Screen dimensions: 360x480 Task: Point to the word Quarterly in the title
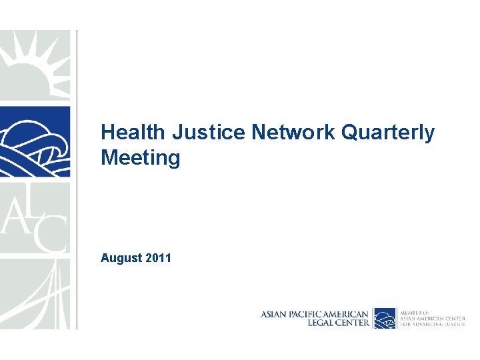tap(387, 133)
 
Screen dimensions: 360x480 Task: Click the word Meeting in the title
tap(140, 158)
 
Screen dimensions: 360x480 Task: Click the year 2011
tap(158, 257)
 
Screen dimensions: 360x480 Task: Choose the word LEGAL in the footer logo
tap(320, 323)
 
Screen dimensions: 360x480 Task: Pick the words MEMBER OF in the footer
tap(415, 311)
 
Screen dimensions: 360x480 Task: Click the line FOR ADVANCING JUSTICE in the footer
tap(432, 324)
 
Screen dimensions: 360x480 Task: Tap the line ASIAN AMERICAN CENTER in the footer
tap(432, 318)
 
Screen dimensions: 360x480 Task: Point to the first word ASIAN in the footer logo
tap(273, 313)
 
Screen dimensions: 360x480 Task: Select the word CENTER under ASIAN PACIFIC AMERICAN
tap(351, 323)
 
